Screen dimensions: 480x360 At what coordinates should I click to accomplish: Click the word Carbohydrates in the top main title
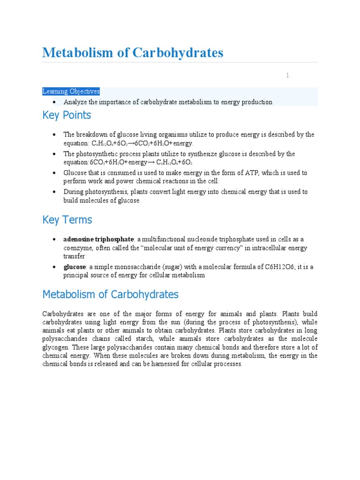177,53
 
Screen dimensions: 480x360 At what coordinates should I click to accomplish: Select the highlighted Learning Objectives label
71,91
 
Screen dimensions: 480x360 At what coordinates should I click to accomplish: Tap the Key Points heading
67,115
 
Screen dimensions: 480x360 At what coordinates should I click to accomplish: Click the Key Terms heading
67,220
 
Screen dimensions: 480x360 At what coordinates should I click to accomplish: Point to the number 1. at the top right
289,75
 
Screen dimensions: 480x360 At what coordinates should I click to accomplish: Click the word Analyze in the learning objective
75,102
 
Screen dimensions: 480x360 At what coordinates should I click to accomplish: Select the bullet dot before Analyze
55,102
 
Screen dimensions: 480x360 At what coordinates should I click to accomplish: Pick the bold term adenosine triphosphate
98,239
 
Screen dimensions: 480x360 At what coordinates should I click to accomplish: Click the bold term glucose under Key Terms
75,267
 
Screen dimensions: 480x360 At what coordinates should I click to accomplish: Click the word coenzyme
79,248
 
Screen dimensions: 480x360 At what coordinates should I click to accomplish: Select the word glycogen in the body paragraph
57,347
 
